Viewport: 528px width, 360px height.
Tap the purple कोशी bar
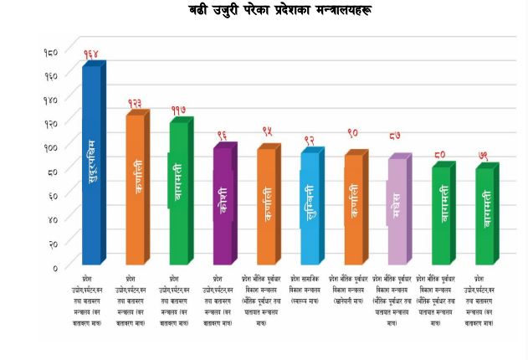[223, 205]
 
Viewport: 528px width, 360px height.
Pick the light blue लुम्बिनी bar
[310, 206]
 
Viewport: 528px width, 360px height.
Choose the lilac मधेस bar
[397, 210]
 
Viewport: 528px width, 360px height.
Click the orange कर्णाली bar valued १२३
[135, 188]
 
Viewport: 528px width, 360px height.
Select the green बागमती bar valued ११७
[179, 193]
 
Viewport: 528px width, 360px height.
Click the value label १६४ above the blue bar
[91, 54]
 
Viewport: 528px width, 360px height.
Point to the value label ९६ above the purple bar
[223, 136]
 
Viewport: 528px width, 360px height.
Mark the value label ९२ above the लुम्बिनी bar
[310, 140]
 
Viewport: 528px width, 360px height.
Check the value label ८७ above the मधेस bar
[397, 136]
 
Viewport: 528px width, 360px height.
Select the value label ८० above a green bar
[440, 154]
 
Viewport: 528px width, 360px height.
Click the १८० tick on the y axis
[50, 52]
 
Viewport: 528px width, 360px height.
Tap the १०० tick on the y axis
[50, 147]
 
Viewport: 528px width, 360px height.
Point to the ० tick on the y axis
[55, 268]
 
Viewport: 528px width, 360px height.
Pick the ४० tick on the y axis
[52, 220]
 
